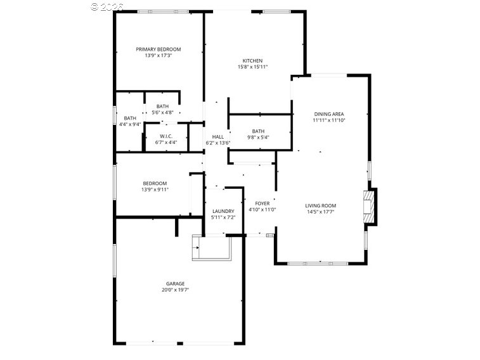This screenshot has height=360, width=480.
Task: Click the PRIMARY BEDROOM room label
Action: click(159, 49)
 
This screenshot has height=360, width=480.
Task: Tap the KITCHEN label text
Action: click(252, 61)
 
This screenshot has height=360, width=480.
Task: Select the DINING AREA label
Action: click(329, 114)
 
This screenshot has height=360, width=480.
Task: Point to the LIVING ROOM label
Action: click(320, 205)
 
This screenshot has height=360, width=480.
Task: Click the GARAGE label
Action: click(175, 283)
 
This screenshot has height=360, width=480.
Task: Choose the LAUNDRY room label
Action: click(223, 211)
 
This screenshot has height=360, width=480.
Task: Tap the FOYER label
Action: click(262, 203)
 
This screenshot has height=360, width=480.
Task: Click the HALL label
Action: click(217, 137)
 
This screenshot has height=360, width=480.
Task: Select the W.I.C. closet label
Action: click(166, 136)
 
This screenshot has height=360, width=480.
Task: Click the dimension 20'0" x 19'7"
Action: click(175, 290)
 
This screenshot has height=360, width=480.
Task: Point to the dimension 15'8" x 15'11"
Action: click(252, 67)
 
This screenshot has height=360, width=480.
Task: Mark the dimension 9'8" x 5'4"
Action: click(257, 138)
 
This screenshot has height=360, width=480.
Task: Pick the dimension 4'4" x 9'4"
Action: click(130, 124)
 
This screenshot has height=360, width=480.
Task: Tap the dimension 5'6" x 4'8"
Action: click(162, 112)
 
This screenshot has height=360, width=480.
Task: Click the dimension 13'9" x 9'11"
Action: click(154, 190)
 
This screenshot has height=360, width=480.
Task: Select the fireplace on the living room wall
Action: click(370, 206)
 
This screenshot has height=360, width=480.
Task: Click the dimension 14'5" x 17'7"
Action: click(320, 212)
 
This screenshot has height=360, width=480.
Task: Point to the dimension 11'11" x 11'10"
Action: click(329, 120)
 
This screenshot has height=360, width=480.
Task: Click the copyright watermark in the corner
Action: click(107, 6)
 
